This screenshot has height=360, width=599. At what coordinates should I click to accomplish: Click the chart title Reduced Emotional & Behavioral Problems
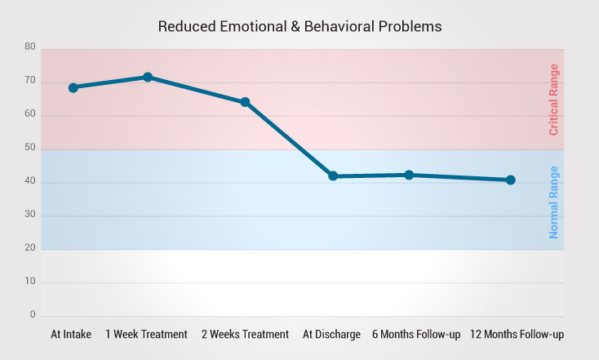point(299,26)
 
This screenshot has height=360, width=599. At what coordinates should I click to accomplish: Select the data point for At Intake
point(73,87)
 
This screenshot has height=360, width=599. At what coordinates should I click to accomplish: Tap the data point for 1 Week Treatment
point(148,78)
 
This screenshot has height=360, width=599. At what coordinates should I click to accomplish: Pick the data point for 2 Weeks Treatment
point(245,102)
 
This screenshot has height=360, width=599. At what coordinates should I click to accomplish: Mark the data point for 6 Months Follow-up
point(409,175)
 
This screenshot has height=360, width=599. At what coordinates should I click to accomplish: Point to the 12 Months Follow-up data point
point(510,180)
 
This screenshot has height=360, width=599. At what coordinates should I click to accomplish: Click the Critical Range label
point(553,100)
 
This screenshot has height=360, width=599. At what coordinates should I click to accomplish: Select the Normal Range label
point(553,202)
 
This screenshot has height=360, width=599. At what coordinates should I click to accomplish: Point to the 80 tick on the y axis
point(30,47)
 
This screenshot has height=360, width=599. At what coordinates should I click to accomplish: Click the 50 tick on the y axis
point(30,148)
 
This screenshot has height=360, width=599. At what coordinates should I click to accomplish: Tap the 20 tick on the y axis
point(30,248)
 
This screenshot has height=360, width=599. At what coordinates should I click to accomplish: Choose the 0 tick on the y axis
point(33,314)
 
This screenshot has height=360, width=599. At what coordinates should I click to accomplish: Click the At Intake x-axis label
point(71,334)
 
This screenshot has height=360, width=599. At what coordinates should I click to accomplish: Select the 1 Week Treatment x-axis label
point(147,334)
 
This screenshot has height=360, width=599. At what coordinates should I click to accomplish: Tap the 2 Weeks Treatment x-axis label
point(244,334)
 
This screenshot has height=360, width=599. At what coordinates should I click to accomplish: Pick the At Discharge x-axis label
point(331,334)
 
